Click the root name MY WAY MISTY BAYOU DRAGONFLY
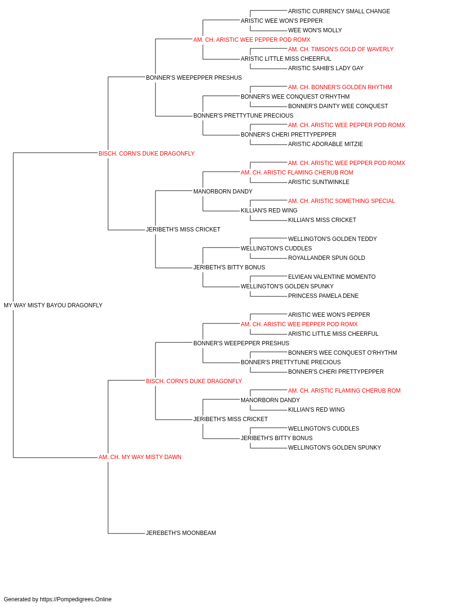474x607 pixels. [53, 305]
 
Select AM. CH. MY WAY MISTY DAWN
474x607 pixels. [140, 457]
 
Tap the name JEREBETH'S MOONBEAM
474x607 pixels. [181, 533]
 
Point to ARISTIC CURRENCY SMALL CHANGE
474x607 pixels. [339, 11]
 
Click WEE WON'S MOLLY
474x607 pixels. [315, 30]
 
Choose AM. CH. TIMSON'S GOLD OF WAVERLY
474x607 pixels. [340, 49]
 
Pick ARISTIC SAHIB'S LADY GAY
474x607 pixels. [326, 68]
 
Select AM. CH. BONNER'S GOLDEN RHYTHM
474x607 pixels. [340, 87]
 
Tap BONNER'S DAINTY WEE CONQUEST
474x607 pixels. [338, 106]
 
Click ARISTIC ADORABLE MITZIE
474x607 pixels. [326, 145]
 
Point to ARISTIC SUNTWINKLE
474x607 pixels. [319, 182]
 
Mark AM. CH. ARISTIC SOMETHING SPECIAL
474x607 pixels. [341, 201]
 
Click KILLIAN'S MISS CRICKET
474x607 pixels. [322, 220]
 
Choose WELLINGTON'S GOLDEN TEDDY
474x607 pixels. [332, 239]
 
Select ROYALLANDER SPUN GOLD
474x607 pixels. [326, 258]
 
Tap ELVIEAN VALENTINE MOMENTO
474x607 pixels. [332, 277]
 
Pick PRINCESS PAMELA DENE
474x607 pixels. [323, 296]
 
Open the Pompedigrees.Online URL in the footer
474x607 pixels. [75, 599]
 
